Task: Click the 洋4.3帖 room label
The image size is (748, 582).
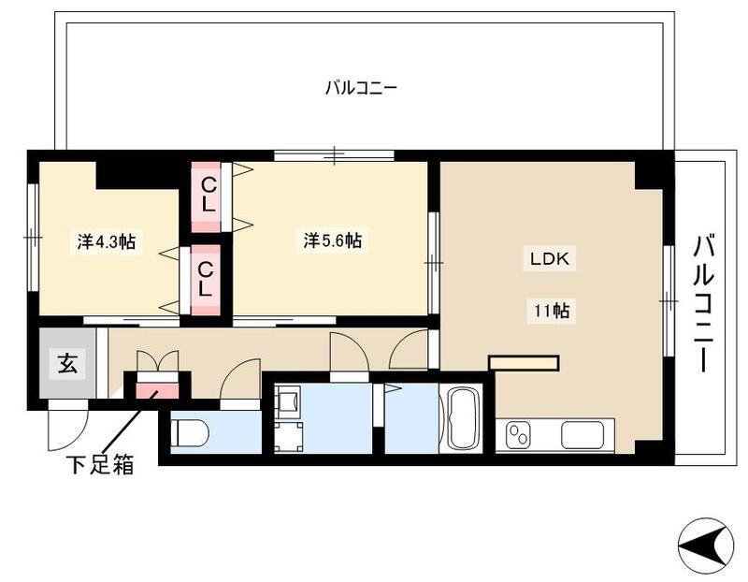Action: click(x=106, y=241)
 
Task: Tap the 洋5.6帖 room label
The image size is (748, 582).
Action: click(x=333, y=240)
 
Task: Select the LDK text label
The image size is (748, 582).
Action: click(x=549, y=260)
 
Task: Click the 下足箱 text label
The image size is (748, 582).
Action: click(x=99, y=464)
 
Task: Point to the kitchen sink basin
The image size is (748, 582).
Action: click(x=586, y=435)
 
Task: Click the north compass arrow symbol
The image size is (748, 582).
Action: click(x=707, y=545)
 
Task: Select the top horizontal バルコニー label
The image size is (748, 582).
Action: click(x=362, y=89)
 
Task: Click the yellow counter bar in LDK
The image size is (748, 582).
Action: click(x=524, y=362)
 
